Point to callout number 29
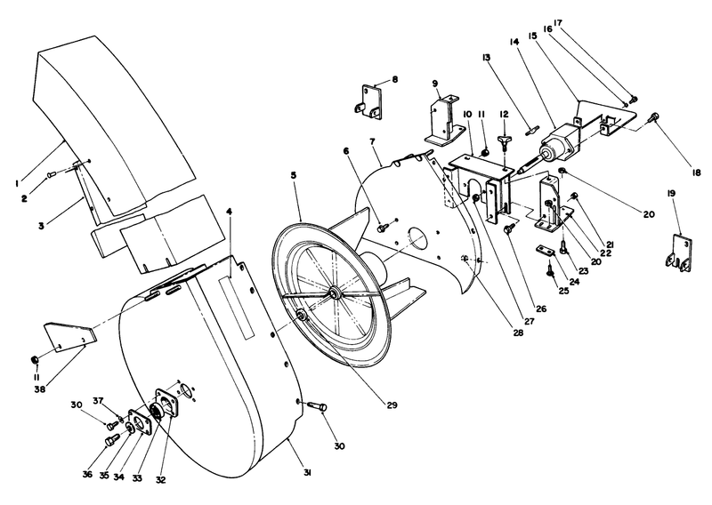[x=392, y=405]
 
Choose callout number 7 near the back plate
[x=375, y=143]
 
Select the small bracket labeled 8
[x=372, y=100]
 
